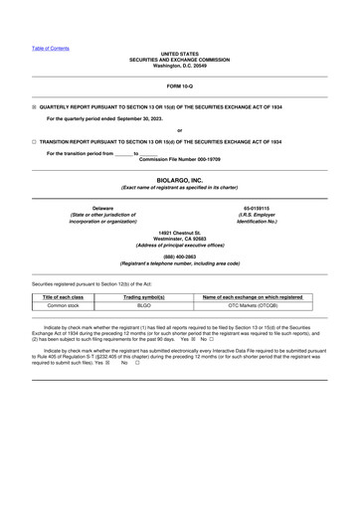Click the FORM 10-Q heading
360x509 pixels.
[x=179, y=87]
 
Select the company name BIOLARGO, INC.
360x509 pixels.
[x=179, y=181]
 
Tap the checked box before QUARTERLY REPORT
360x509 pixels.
[x=34, y=105]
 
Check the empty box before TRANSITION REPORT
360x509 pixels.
[x=34, y=142]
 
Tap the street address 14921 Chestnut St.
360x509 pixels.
[x=179, y=232]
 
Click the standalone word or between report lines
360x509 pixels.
[x=179, y=130]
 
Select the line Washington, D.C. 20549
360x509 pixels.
[x=179, y=66]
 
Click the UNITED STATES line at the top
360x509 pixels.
[x=179, y=54]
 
